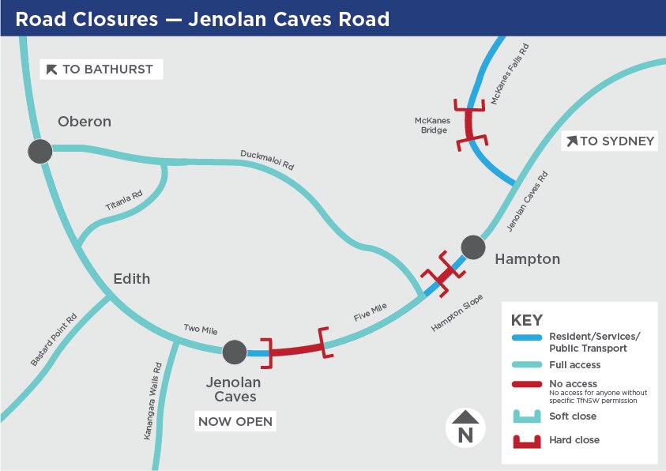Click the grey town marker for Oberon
(x=40, y=150)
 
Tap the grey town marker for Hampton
(x=472, y=247)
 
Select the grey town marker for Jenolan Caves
(x=235, y=352)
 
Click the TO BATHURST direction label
(x=101, y=70)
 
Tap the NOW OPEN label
(x=235, y=421)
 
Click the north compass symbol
(x=465, y=428)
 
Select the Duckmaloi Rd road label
(x=267, y=160)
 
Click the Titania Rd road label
(x=124, y=200)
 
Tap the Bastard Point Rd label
(x=54, y=339)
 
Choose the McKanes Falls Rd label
(x=510, y=74)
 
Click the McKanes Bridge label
(x=432, y=126)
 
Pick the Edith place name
(x=131, y=279)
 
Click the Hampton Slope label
(x=457, y=314)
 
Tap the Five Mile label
(x=370, y=315)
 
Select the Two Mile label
(x=201, y=330)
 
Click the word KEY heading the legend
(x=527, y=321)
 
